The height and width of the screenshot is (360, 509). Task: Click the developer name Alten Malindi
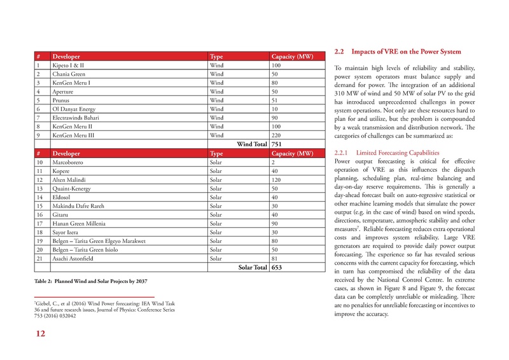(71, 180)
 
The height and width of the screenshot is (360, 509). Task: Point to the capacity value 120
(277, 180)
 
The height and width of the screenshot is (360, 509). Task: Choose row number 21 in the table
(40, 260)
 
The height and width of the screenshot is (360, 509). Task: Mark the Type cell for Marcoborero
(216, 163)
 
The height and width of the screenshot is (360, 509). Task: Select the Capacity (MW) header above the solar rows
(292, 154)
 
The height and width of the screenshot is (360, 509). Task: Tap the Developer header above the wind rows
(70, 57)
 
